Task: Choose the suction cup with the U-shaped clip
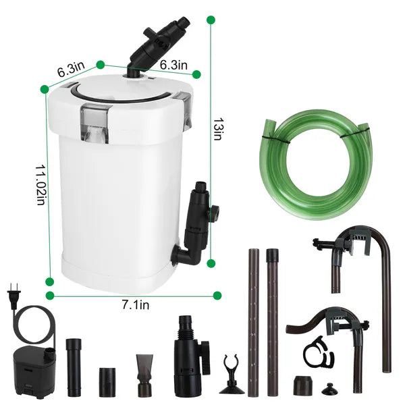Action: point(232,371)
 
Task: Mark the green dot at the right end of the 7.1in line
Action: point(217,295)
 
